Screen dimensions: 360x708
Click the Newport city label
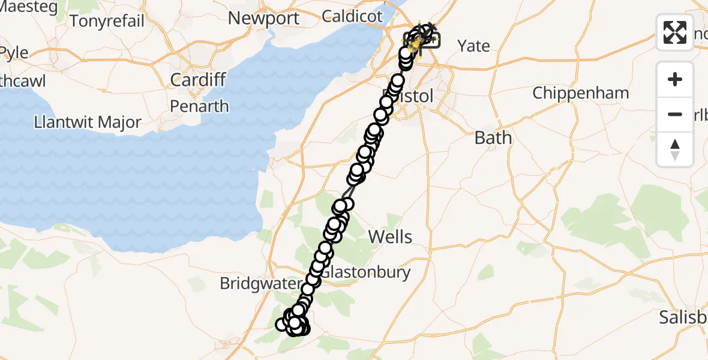(x=263, y=18)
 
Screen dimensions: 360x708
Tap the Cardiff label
(x=198, y=79)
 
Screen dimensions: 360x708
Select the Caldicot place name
(x=352, y=16)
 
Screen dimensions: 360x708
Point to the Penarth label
(x=199, y=106)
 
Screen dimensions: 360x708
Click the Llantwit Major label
(x=88, y=122)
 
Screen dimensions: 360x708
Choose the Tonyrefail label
(x=107, y=21)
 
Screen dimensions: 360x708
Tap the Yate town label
(x=473, y=46)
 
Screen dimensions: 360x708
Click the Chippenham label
(x=580, y=93)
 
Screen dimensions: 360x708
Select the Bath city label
(x=493, y=138)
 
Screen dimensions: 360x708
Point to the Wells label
(x=390, y=236)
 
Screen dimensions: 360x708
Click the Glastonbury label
(x=366, y=272)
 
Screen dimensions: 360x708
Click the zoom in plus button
(x=675, y=79)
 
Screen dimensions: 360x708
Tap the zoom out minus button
(x=675, y=114)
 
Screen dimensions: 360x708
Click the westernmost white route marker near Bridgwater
(x=281, y=325)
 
